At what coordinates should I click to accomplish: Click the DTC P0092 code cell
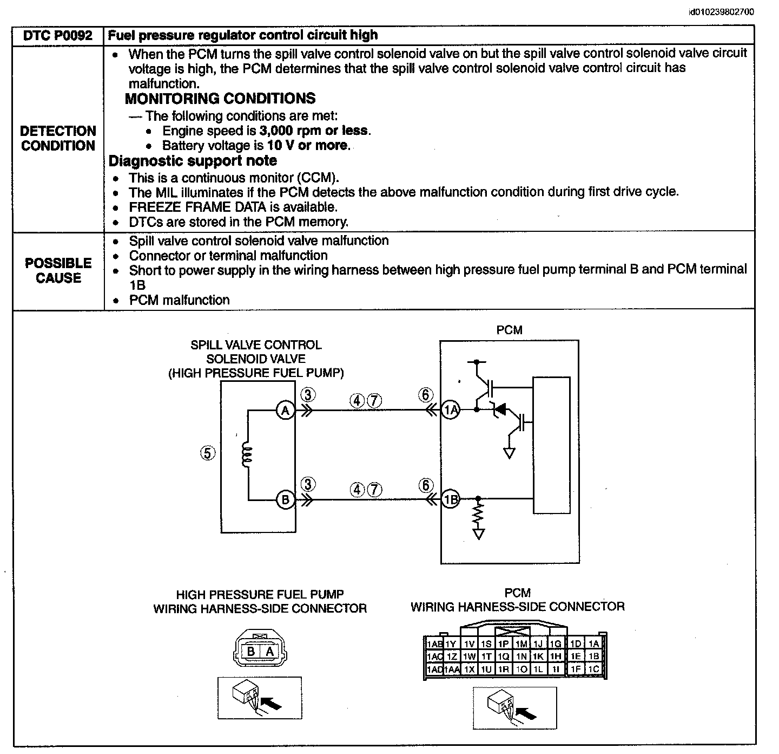(x=58, y=36)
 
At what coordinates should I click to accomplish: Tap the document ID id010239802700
(x=721, y=12)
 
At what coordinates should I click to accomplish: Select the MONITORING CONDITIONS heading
(x=220, y=99)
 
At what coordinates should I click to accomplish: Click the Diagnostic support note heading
(x=193, y=161)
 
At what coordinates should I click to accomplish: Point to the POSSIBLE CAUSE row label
(x=58, y=271)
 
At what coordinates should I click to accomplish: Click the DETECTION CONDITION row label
(x=58, y=138)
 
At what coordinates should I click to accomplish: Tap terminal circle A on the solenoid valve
(x=286, y=410)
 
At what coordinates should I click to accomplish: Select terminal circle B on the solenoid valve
(x=286, y=499)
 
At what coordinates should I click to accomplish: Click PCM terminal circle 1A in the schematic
(x=450, y=409)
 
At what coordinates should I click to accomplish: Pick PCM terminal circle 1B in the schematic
(x=450, y=499)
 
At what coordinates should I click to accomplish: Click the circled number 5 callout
(x=207, y=453)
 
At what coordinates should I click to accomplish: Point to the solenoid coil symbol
(x=246, y=456)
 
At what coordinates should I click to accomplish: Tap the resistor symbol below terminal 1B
(x=478, y=514)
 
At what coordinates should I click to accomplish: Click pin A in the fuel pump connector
(x=270, y=651)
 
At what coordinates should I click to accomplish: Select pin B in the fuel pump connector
(x=251, y=651)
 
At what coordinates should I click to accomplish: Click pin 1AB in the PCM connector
(x=434, y=644)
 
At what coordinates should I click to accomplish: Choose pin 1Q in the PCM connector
(x=504, y=656)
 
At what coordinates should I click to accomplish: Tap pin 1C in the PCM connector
(x=593, y=669)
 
